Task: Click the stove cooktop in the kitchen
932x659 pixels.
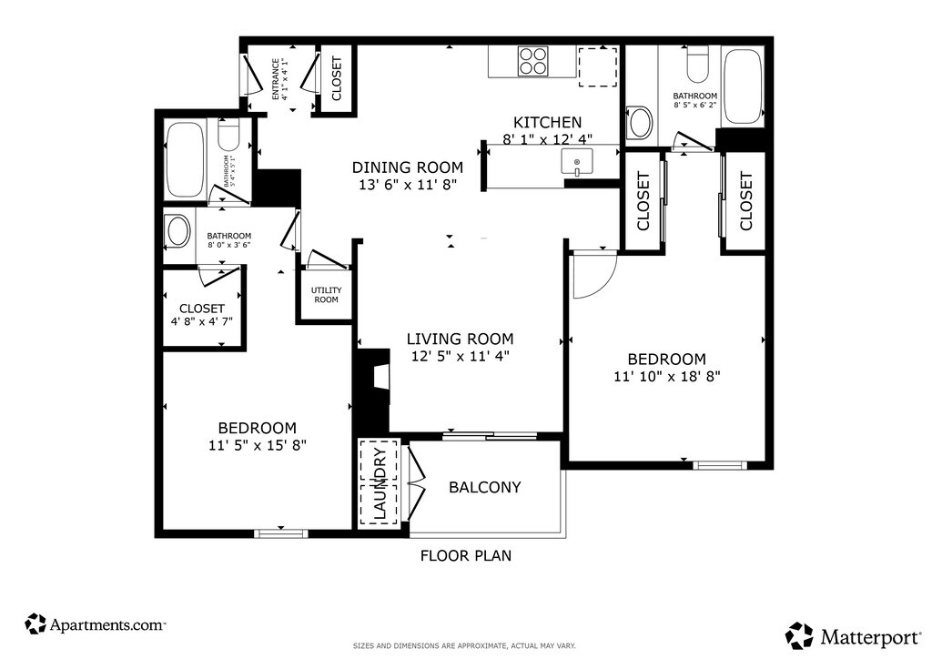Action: click(x=532, y=61)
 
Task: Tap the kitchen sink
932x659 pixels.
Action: click(x=576, y=162)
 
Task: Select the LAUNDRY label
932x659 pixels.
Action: click(x=380, y=482)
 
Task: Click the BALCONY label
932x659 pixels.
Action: click(x=484, y=487)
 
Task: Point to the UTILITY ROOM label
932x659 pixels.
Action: click(x=327, y=295)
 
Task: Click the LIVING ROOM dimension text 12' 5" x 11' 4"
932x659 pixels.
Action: click(x=461, y=356)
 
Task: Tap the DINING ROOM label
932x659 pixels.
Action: click(x=407, y=167)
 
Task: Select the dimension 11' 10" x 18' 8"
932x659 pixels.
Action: click(x=667, y=376)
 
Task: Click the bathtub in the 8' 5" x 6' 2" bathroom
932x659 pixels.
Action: click(x=743, y=86)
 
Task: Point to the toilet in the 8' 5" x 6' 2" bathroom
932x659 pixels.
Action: click(x=696, y=65)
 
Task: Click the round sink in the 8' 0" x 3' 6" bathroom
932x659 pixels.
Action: click(x=177, y=231)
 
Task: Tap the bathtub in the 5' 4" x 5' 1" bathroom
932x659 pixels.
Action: click(x=184, y=160)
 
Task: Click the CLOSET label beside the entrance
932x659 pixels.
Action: click(x=337, y=78)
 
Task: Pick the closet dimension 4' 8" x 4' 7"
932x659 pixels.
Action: click(x=201, y=321)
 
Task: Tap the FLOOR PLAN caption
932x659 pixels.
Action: click(x=466, y=555)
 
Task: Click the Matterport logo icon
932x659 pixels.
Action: click(x=800, y=636)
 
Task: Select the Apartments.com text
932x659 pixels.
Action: click(x=107, y=625)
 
